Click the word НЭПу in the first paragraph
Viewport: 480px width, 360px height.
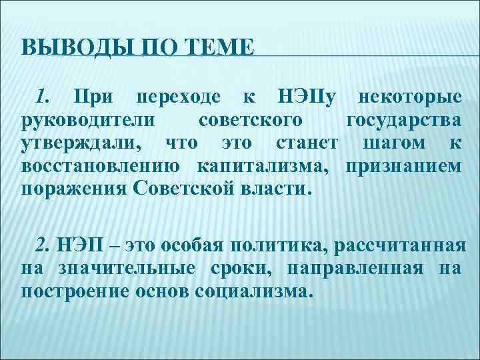click(301, 97)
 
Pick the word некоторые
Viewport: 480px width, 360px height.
click(408, 97)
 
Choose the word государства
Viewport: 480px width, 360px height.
click(403, 121)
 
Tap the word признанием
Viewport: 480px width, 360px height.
click(403, 166)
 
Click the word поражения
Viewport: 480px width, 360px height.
click(74, 189)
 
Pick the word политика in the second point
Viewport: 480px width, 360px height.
click(279, 245)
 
